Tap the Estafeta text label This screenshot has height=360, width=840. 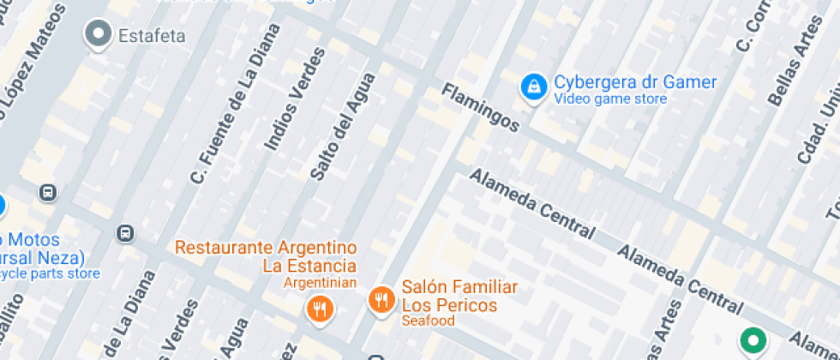tap(152, 36)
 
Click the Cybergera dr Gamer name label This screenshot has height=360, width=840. tap(634, 83)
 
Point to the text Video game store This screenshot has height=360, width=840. tap(610, 99)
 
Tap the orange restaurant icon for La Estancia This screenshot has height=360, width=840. tap(320, 308)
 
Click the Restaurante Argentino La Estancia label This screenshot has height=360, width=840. tap(266, 256)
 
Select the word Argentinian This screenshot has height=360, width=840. tap(321, 282)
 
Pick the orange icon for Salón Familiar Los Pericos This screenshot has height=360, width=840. tap(381, 299)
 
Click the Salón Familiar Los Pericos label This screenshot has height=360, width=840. tap(459, 296)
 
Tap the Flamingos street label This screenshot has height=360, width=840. tap(480, 107)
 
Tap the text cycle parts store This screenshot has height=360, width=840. tap(50, 274)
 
